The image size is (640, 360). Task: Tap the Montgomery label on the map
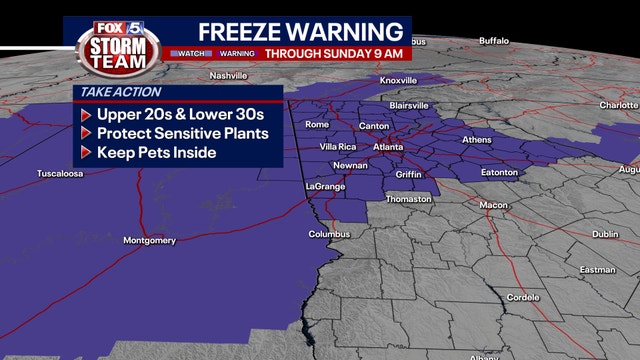coord(148,240)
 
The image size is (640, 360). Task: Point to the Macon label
coord(493,205)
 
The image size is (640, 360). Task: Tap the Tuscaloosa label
coord(60,173)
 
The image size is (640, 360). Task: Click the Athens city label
coord(476,140)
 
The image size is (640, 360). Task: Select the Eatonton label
coord(499,172)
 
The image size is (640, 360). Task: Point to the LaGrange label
coord(325,187)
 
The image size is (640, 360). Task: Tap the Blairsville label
coord(410,104)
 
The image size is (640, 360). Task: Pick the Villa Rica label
coord(338,146)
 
